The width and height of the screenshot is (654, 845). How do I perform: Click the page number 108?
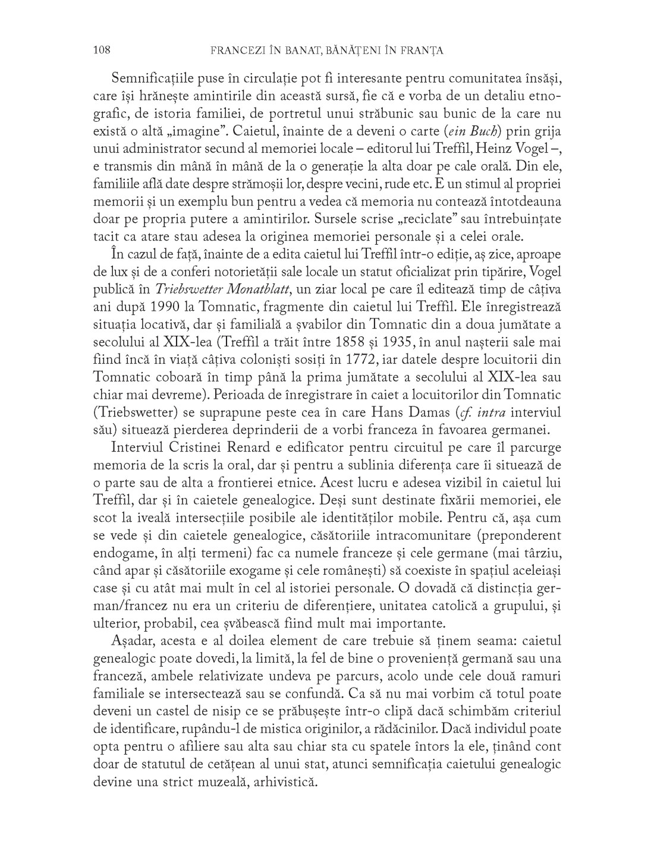click(102, 51)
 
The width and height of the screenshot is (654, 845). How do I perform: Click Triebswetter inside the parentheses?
click(134, 412)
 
